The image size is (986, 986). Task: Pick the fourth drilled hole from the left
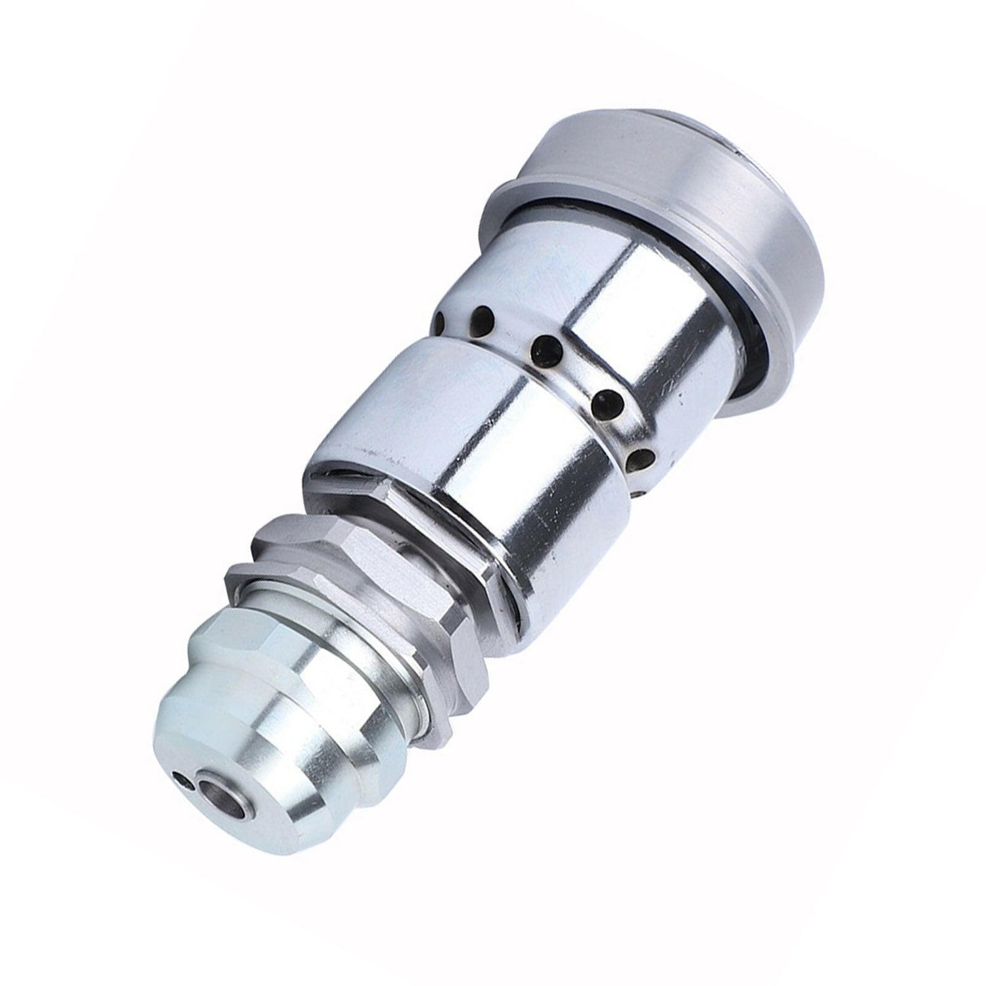(605, 399)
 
